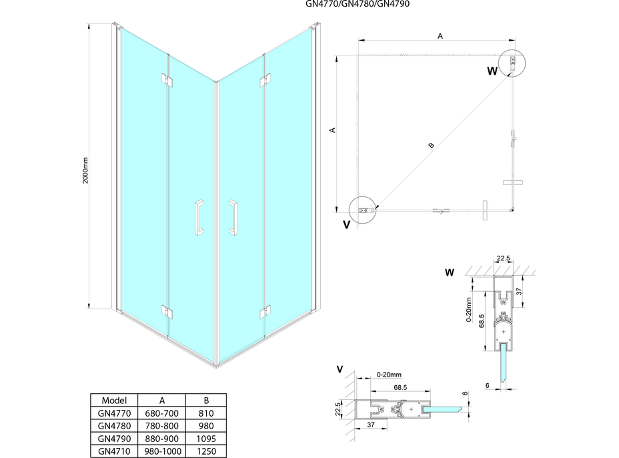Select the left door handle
[198, 217]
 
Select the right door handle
[233, 217]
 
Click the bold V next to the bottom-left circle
[346, 225]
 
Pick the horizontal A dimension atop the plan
[440, 37]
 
